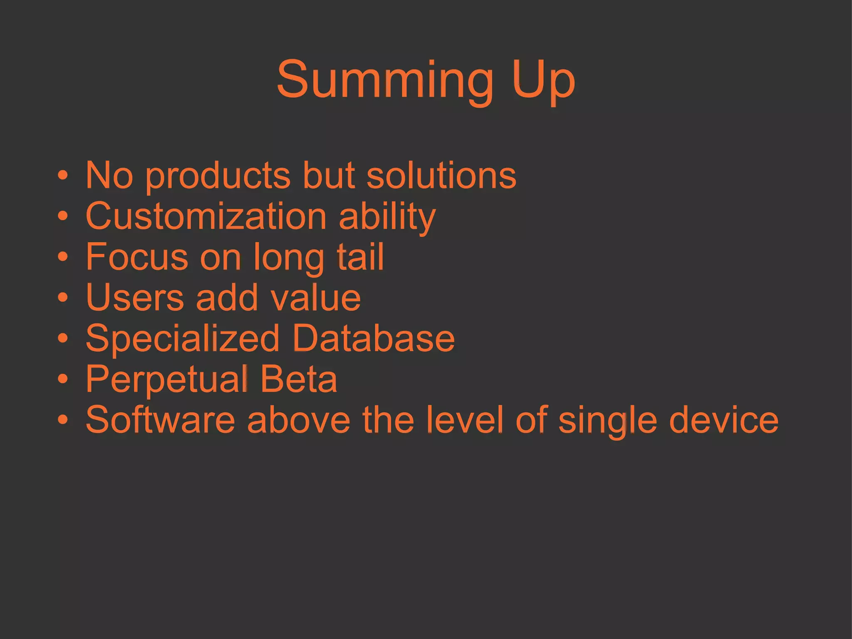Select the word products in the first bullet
(218, 176)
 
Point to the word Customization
(206, 216)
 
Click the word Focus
(137, 257)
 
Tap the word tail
(360, 257)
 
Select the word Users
(135, 297)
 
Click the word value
(316, 298)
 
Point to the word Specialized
(182, 339)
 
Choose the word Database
(373, 338)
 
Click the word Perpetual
(167, 379)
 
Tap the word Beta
(299, 379)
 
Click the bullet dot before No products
(62, 176)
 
